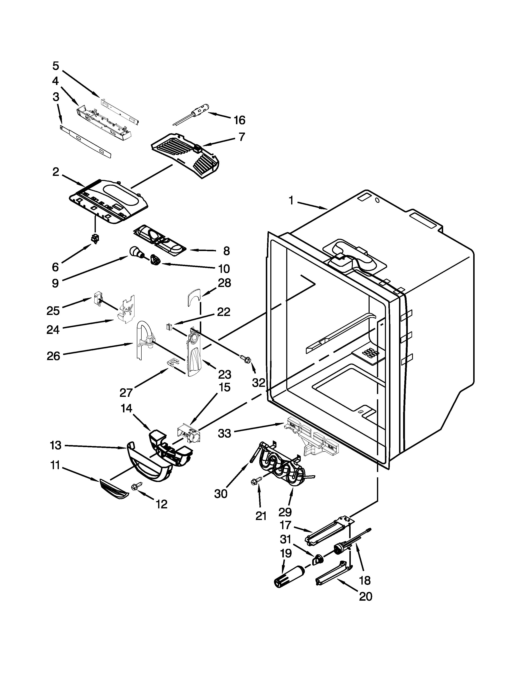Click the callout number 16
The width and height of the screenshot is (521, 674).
[239, 120]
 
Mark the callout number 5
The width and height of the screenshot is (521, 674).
[56, 66]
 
